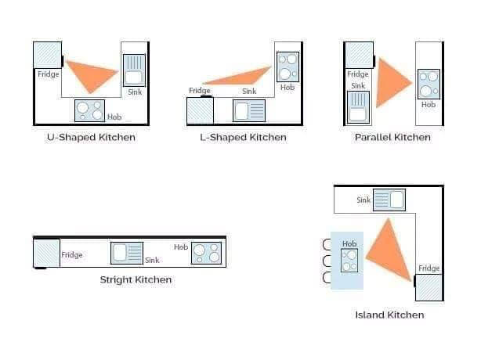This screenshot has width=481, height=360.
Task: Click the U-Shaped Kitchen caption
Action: (91, 137)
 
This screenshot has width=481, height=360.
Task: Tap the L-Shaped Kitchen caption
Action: (244, 137)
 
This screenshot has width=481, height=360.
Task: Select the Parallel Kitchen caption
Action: (392, 137)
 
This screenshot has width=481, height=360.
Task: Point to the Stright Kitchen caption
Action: (136, 279)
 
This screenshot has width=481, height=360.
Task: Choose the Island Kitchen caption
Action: (389, 315)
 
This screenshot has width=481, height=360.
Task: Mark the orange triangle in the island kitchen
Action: (390, 251)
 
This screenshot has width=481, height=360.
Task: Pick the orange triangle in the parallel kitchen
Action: (391, 83)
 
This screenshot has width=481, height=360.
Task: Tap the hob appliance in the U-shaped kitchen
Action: (89, 110)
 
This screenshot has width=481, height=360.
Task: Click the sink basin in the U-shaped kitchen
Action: (134, 70)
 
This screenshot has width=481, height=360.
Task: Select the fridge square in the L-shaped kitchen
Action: (200, 110)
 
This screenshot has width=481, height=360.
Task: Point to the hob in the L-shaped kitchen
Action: (288, 67)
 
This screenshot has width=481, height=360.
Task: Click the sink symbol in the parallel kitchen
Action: (358, 107)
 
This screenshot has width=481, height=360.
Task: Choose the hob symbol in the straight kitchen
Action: (207, 253)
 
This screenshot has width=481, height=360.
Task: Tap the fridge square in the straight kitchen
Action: (46, 254)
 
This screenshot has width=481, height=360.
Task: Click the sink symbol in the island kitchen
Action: (389, 200)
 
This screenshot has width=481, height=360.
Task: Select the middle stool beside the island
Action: (327, 261)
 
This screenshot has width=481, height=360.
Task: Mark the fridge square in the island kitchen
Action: (429, 287)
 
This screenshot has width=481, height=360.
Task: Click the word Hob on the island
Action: (349, 243)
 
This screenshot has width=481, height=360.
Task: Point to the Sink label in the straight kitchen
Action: (152, 260)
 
